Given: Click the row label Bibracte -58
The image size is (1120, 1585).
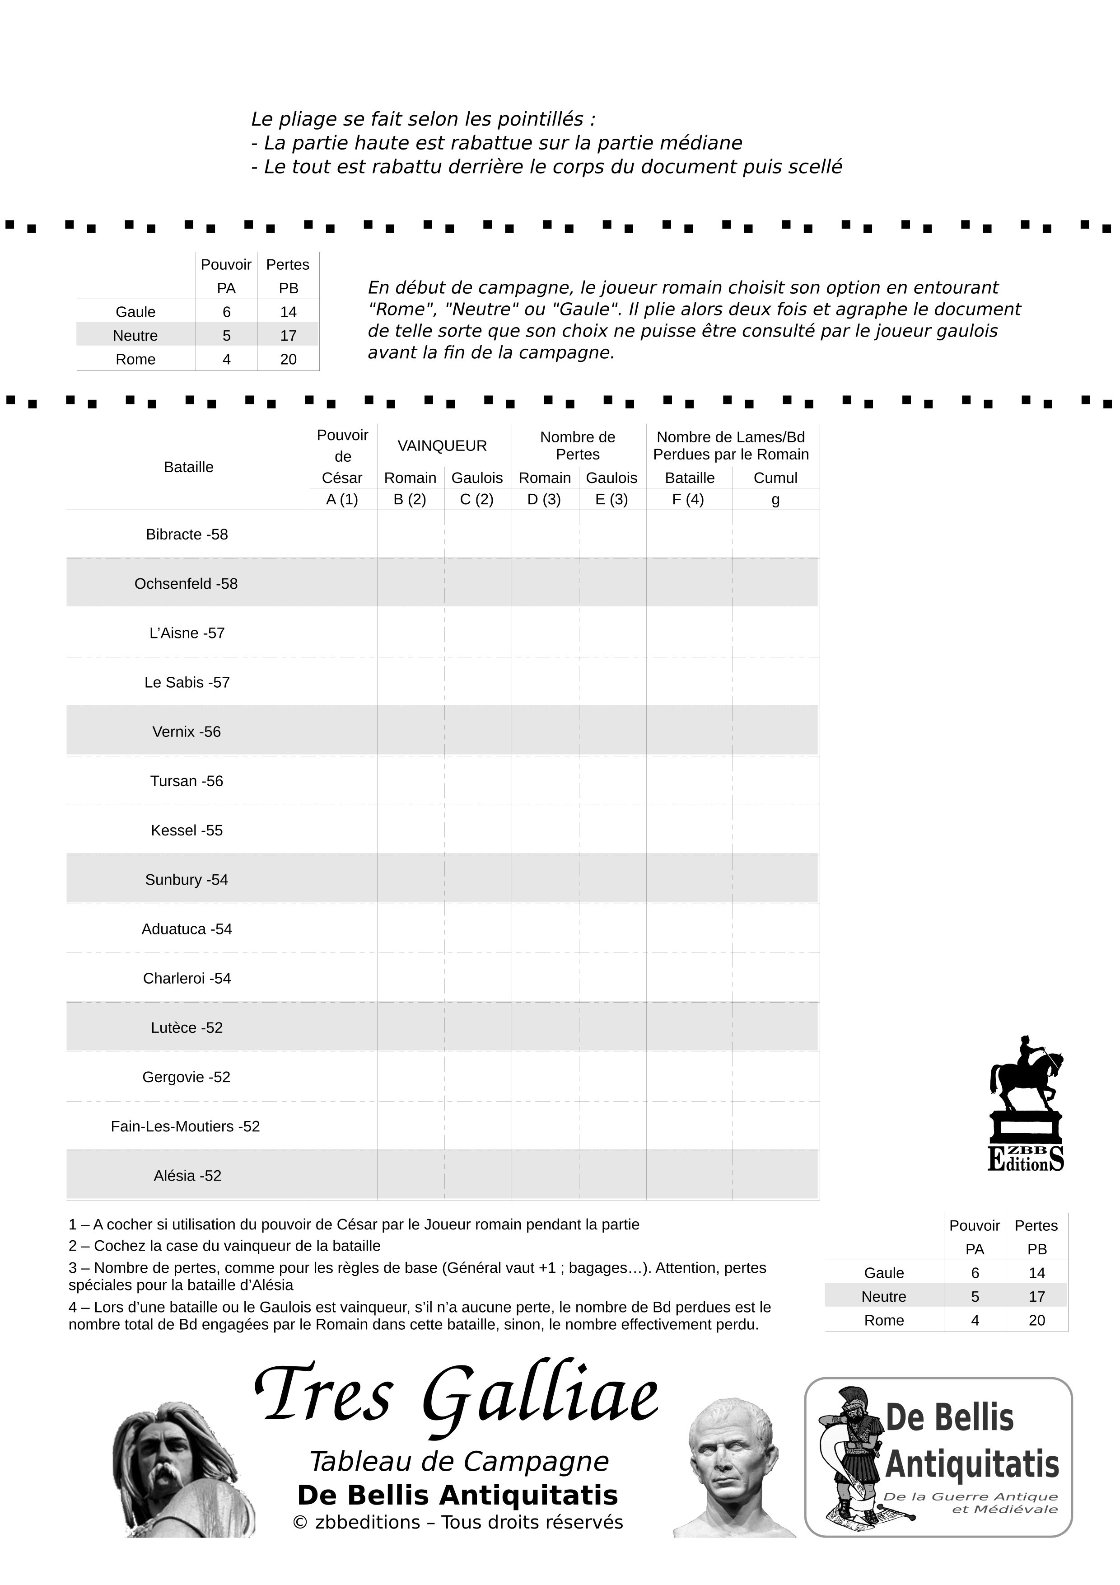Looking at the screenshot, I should [187, 535].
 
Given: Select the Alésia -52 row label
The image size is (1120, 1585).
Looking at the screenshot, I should [187, 1176].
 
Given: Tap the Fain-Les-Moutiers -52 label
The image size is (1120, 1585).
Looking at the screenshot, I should [185, 1126].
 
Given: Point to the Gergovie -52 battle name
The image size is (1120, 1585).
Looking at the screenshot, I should [187, 1077].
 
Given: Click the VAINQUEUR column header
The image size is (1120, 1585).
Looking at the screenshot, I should [442, 446].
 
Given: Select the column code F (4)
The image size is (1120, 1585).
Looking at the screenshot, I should [687, 500].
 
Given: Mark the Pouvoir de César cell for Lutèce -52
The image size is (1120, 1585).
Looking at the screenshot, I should [343, 1027].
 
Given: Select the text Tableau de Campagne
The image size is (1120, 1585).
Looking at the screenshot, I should [459, 1462].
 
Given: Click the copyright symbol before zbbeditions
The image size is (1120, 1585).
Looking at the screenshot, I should [299, 1522].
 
